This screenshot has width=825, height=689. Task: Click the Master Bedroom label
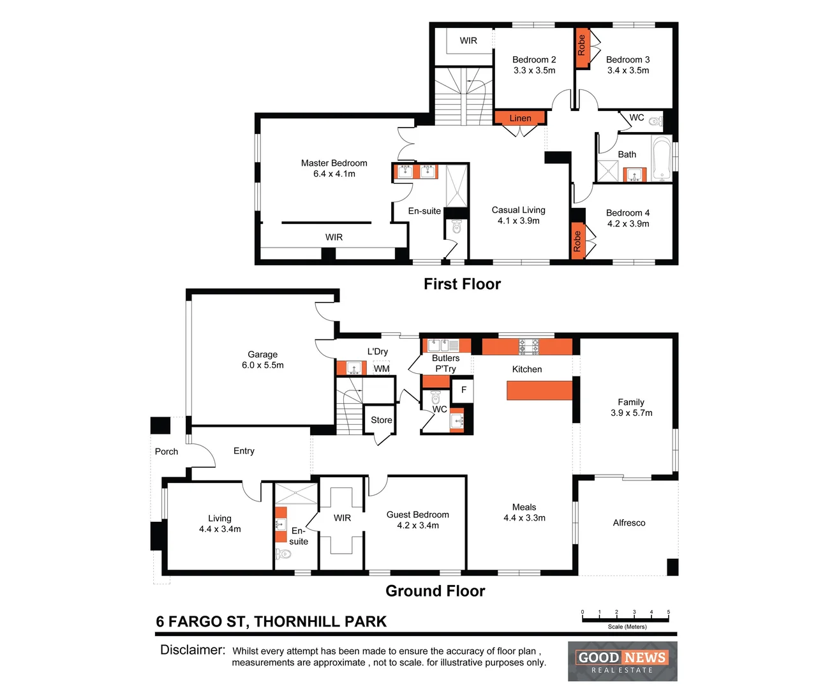click(x=334, y=163)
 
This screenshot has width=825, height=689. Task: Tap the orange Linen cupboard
click(x=520, y=118)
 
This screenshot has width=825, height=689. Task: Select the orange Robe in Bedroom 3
click(x=581, y=47)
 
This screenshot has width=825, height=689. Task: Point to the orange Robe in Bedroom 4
click(x=577, y=241)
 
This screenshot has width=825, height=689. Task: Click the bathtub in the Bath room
click(x=661, y=158)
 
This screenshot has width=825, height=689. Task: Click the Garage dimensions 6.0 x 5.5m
click(x=262, y=366)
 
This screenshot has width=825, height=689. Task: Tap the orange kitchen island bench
click(x=539, y=390)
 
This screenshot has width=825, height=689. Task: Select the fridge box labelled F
click(x=463, y=390)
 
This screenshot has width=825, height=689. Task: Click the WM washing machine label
click(x=382, y=369)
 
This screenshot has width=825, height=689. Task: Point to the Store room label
click(x=382, y=420)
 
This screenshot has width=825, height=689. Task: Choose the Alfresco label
click(x=628, y=523)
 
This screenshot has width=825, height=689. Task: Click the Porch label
click(x=167, y=452)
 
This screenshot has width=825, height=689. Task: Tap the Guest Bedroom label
click(x=417, y=515)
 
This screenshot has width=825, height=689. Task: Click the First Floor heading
click(x=462, y=284)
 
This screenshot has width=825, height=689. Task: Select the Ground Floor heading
click(x=435, y=591)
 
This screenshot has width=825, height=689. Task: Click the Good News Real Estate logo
click(x=622, y=662)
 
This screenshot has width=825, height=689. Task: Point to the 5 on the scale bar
click(x=668, y=612)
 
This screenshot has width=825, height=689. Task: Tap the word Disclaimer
click(x=193, y=650)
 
